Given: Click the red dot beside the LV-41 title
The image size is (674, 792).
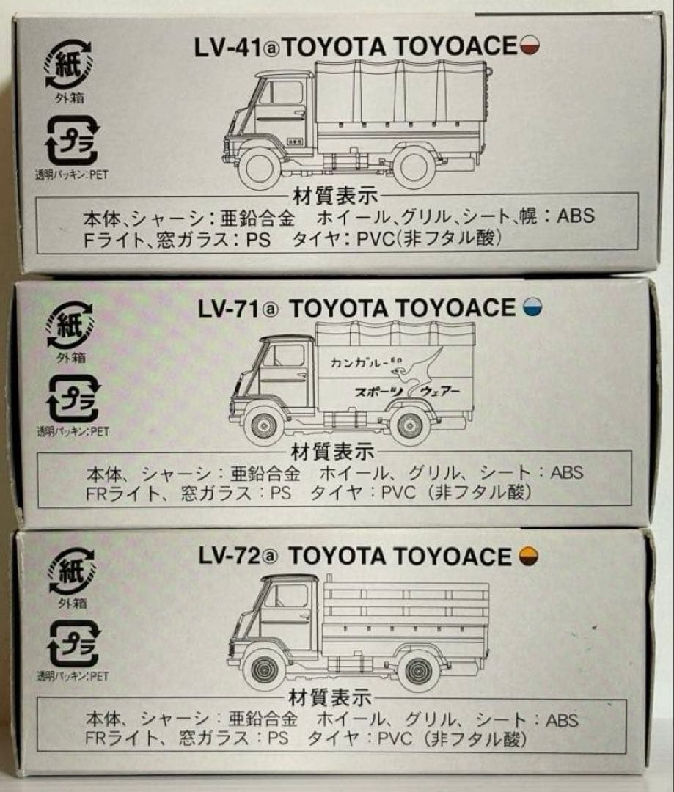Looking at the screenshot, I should tap(530, 48).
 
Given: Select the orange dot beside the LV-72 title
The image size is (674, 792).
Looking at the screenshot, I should tap(526, 557).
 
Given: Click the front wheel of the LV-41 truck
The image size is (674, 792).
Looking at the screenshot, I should tap(260, 166).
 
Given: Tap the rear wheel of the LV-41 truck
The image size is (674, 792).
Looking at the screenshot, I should tap(414, 166).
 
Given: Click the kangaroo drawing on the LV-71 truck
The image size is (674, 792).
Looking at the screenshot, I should tap(426, 364).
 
